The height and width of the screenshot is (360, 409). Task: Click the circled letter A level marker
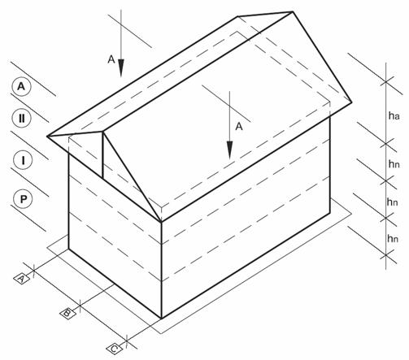coord(21,87)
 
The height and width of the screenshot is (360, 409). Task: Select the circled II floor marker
coord(22,119)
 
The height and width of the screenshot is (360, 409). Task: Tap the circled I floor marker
coord(23,160)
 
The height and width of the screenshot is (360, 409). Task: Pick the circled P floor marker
coord(23,199)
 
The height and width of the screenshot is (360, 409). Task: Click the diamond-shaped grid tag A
coord(22,279)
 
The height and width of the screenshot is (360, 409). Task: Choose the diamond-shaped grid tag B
coord(67,314)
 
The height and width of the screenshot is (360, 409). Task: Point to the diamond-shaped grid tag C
coord(114,349)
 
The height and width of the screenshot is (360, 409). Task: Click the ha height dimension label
coord(394,116)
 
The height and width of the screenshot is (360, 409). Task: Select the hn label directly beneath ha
coord(394,164)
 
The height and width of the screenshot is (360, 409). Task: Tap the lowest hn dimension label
coord(393,239)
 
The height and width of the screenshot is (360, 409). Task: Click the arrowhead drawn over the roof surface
coord(229,150)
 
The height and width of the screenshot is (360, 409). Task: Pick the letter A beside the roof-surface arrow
coord(239,127)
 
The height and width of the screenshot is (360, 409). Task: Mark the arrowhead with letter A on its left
coord(121,67)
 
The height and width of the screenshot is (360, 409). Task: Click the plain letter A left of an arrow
coord(111,59)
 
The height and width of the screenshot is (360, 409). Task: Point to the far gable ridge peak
coord(293,11)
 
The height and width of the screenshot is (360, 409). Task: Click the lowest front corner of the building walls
coord(161,319)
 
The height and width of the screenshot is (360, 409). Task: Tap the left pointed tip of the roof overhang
coord(47,136)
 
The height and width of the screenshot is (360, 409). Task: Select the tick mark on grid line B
coord(80,306)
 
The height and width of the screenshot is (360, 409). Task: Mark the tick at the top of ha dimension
coord(386,81)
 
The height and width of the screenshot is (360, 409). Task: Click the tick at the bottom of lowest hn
coord(386,255)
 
